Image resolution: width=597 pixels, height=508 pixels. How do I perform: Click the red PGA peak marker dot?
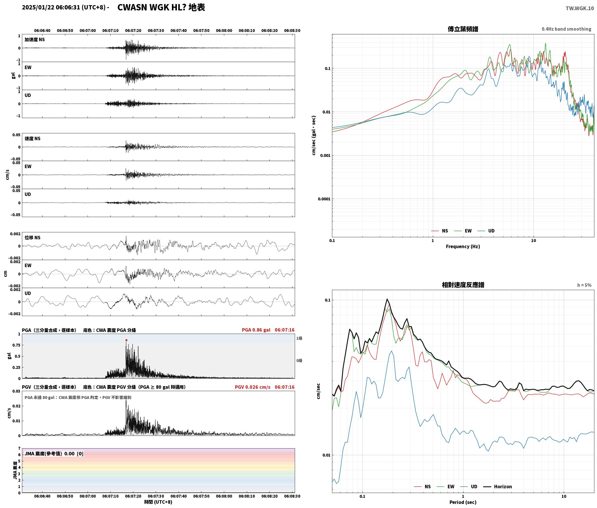pos(126,340)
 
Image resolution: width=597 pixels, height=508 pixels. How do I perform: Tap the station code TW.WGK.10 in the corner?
pos(580,8)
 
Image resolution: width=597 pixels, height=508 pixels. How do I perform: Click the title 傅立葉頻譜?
pos(463,29)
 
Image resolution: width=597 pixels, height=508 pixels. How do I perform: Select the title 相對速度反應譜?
pos(463,285)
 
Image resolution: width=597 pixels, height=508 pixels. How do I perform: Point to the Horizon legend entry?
pos(498,487)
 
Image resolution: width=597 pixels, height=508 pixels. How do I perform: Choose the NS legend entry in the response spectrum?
pos(422,487)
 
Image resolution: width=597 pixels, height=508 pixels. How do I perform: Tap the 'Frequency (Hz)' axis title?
pos(463,246)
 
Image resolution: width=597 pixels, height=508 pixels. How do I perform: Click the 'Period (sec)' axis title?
pos(463,503)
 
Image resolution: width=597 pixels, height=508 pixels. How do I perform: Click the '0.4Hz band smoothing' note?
pos(566,29)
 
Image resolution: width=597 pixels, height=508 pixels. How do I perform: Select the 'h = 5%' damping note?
pos(584,285)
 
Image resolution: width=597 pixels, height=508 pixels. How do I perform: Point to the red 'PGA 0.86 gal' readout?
pos(256,330)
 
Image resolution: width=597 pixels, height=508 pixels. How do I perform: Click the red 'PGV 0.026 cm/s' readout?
pos(253,387)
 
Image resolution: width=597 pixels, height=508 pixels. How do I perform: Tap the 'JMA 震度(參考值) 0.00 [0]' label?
pos(54,454)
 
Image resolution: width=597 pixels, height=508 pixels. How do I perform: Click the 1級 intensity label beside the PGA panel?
pos(299,338)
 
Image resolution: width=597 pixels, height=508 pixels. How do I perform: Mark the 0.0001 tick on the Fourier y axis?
pos(324,199)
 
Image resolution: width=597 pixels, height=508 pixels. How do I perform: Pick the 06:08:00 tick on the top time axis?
pos(224,31)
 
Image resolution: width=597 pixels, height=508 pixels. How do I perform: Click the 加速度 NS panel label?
pos(35,40)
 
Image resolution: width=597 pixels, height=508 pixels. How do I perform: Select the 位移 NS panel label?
pos(32,238)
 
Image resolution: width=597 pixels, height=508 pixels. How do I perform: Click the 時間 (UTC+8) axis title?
pos(158,502)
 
